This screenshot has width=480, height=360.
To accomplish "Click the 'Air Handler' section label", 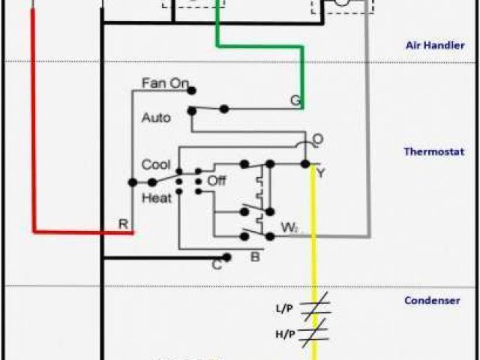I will tap(430, 45).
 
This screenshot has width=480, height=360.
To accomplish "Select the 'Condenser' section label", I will tap(432, 301).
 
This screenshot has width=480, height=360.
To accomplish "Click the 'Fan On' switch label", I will tap(165, 83).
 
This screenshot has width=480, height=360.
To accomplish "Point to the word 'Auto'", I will tap(156, 118).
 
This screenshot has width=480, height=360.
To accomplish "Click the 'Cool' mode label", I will tap(156, 165).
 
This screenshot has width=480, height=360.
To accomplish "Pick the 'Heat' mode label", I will tap(156, 198).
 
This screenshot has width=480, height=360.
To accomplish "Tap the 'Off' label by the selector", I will tap(216, 181).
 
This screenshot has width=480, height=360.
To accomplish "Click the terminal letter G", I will tap(295, 100).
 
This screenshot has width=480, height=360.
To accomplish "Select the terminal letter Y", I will tap(320, 174).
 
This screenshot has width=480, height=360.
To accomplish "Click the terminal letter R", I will tap(122, 223).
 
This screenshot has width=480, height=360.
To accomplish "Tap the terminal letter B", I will tap(255, 258).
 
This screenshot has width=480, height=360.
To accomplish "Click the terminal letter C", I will tap(216, 263).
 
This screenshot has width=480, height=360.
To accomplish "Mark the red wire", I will tap(34, 135).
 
